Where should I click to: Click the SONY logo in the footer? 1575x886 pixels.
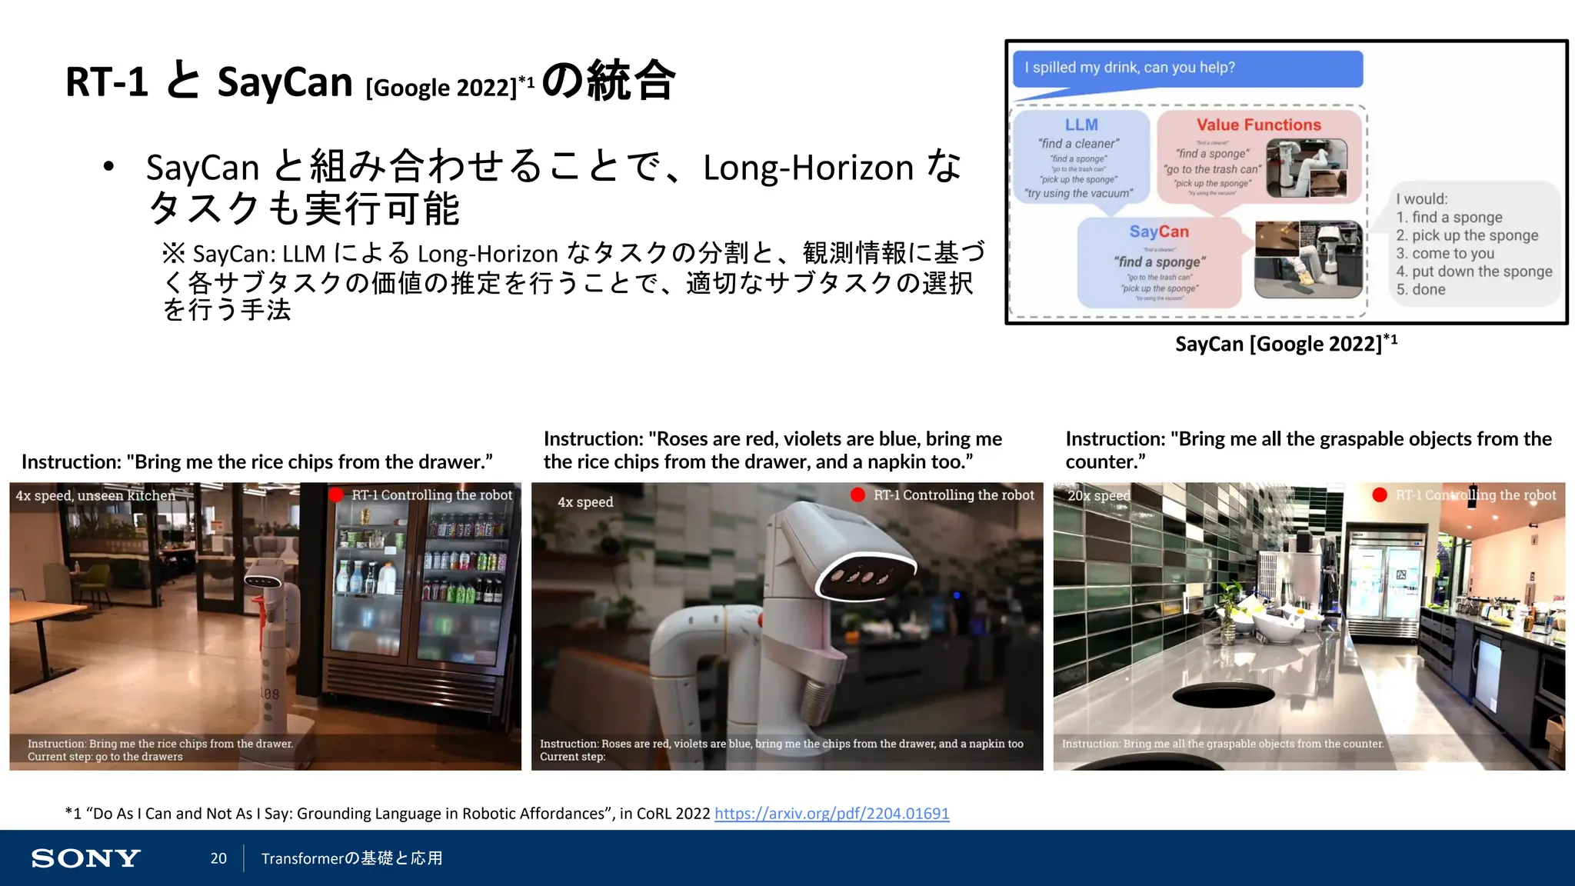tap(85, 858)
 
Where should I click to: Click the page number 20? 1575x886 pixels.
tap(218, 858)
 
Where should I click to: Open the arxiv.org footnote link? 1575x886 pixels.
tap(831, 814)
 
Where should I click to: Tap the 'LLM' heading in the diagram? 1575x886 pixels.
tap(1081, 125)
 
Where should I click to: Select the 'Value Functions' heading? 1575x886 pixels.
tap(1258, 125)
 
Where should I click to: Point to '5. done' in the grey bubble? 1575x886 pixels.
tap(1420, 290)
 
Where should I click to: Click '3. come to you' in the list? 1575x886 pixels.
tap(1445, 254)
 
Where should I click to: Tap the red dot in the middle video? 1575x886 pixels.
tap(858, 495)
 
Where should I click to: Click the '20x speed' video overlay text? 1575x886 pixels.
tap(1098, 496)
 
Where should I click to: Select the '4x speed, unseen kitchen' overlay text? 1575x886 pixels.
tap(95, 496)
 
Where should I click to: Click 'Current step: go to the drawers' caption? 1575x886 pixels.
tap(105, 757)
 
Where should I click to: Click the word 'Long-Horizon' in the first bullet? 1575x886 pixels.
tap(807, 168)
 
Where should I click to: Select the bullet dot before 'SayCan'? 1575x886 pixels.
tap(108, 166)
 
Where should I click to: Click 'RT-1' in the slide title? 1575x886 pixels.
tap(106, 82)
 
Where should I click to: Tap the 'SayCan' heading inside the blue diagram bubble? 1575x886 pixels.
tap(1158, 231)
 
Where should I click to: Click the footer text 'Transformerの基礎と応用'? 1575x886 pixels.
tap(351, 858)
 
